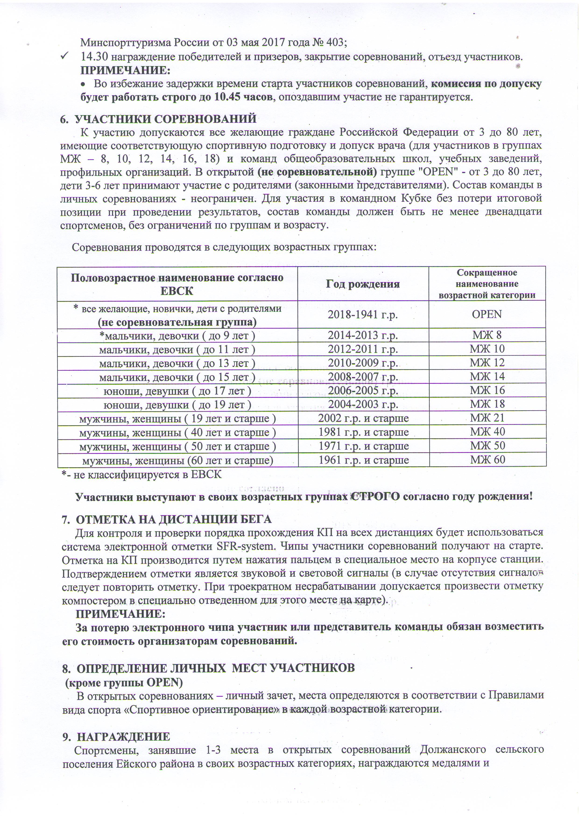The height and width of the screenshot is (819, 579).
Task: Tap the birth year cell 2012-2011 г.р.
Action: pos(363,349)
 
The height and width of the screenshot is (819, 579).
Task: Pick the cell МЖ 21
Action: pos(487,418)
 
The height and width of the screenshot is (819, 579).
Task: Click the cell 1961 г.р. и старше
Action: pos(363,460)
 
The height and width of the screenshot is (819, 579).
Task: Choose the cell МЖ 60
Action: pos(487,460)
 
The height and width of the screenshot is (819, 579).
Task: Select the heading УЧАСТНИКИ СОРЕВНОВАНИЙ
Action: pos(166,119)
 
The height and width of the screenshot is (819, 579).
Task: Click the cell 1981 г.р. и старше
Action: pos(363,432)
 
